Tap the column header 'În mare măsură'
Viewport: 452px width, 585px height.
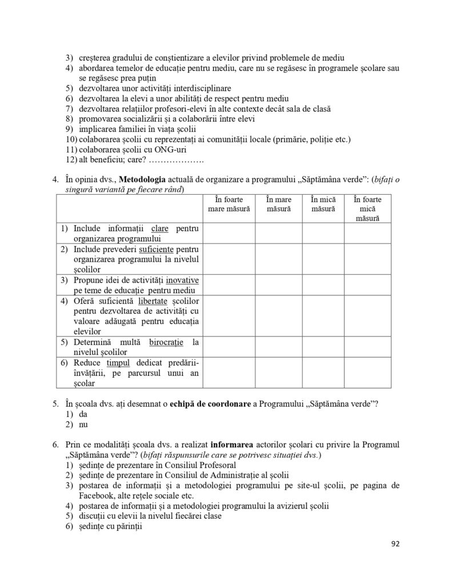[278, 204]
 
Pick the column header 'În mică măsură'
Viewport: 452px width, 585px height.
[323, 204]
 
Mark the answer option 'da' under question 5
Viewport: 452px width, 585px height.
[82, 414]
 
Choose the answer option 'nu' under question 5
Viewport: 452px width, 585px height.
[82, 424]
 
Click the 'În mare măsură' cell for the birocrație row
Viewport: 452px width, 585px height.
[278, 347]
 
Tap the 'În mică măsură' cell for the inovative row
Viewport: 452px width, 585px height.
[323, 285]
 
